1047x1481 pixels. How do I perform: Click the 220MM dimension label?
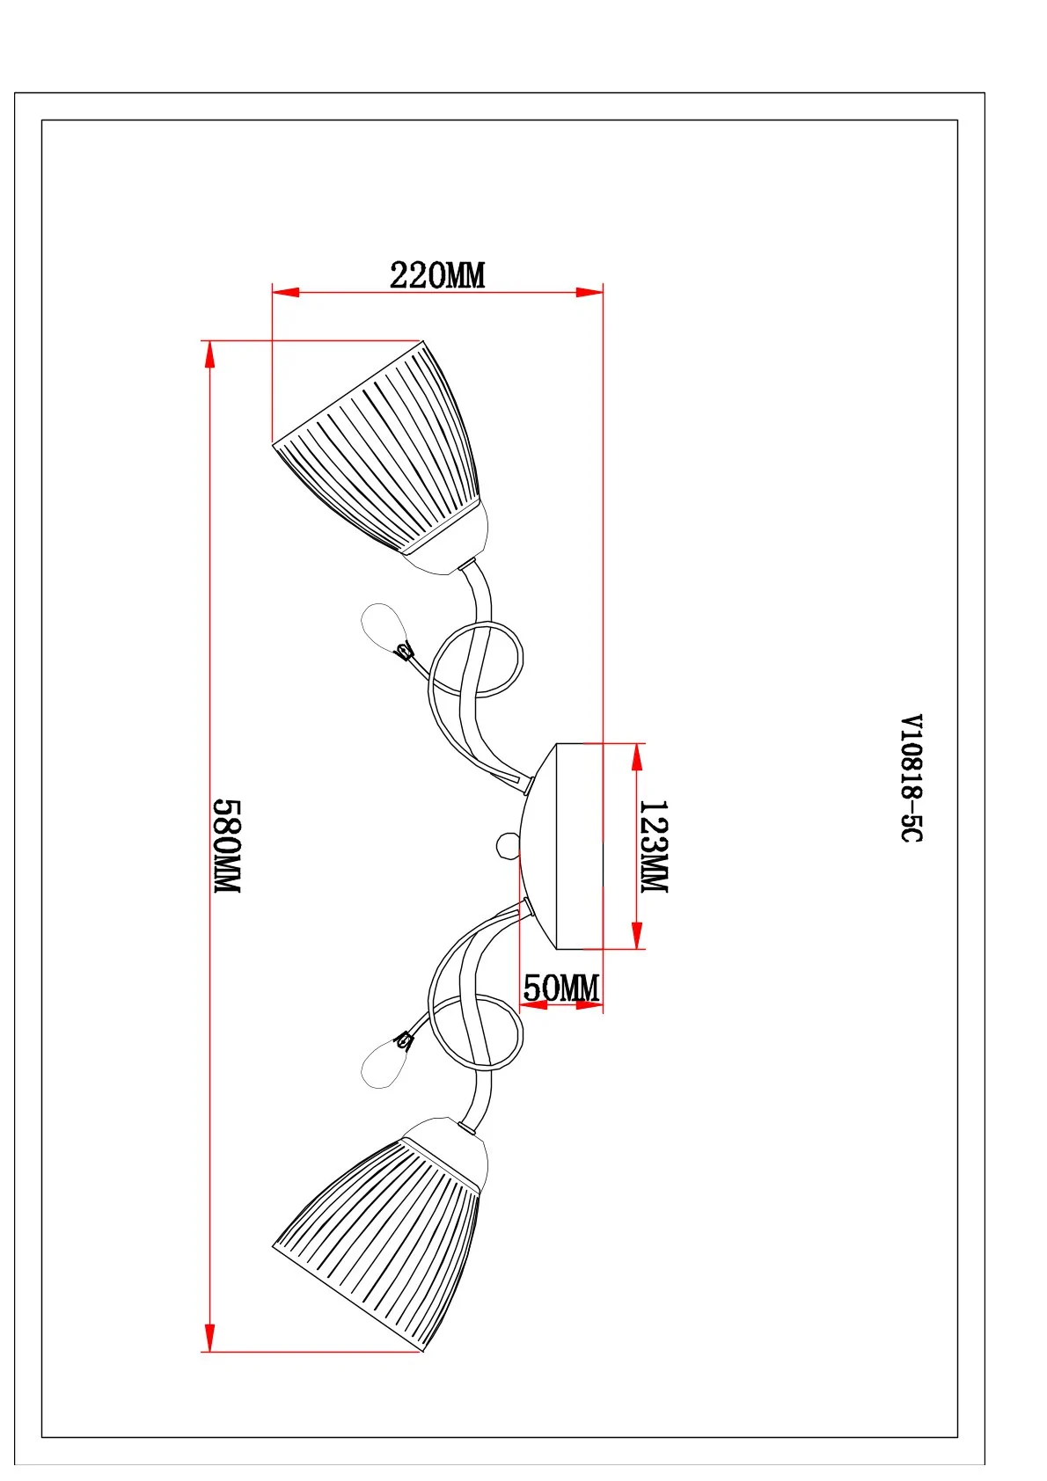[x=436, y=275]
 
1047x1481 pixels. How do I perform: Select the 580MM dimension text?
[x=227, y=846]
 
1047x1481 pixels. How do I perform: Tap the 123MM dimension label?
[x=654, y=846]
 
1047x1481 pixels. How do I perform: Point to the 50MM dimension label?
[x=560, y=989]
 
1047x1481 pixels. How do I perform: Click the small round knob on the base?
[x=508, y=846]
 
